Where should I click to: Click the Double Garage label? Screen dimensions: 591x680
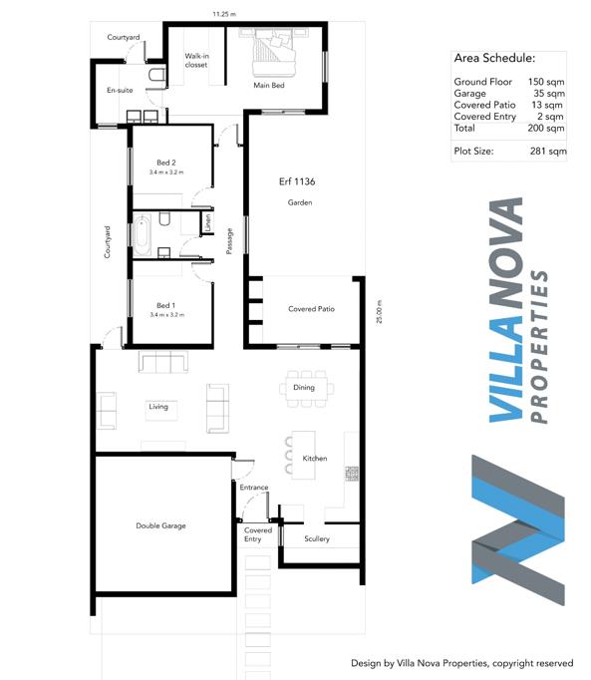(x=160, y=525)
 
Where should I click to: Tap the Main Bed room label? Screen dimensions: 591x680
(x=269, y=86)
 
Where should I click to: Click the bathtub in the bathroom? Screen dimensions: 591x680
(x=142, y=236)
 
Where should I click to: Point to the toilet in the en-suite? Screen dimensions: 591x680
(x=156, y=75)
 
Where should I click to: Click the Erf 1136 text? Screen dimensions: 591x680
(x=297, y=181)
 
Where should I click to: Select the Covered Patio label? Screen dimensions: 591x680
(x=311, y=309)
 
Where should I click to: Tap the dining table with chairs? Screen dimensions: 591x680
(x=307, y=389)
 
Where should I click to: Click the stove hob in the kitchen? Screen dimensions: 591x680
(x=352, y=474)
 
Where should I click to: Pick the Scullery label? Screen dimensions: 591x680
(x=317, y=538)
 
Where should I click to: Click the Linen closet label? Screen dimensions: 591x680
(x=207, y=222)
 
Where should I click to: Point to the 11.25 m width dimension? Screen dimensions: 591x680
(x=224, y=14)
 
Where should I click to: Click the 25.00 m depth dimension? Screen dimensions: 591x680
(x=380, y=311)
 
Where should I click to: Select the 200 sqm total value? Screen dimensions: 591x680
(x=546, y=128)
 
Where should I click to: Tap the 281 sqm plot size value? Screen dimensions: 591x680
(x=548, y=152)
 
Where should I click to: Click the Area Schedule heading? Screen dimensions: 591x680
(x=494, y=58)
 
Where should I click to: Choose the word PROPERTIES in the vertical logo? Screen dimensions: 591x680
(x=539, y=347)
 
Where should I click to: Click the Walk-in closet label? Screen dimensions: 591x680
(x=196, y=60)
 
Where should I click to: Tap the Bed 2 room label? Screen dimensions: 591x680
(x=166, y=163)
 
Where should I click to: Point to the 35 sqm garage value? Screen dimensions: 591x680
(x=549, y=94)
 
